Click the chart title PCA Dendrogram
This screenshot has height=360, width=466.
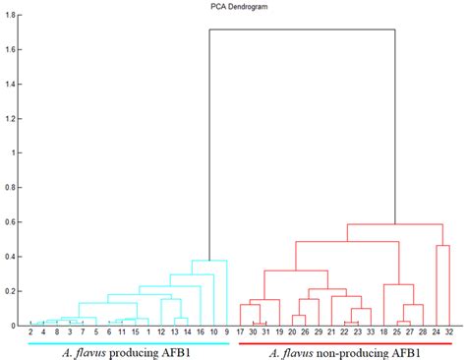coord(233,6)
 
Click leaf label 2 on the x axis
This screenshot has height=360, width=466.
coord(31,333)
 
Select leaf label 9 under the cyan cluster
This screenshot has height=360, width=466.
coord(227,333)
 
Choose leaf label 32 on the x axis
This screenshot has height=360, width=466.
coord(448,333)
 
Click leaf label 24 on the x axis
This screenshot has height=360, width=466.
coord(436,333)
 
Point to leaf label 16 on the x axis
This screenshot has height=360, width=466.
coord(200,333)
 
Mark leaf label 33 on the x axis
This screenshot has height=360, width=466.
coord(370,333)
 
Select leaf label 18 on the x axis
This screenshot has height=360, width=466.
coord(383,333)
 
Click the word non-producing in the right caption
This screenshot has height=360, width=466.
coord(344,352)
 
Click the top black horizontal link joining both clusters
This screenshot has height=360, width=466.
coord(303,30)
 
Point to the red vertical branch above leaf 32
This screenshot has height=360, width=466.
coord(448,285)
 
